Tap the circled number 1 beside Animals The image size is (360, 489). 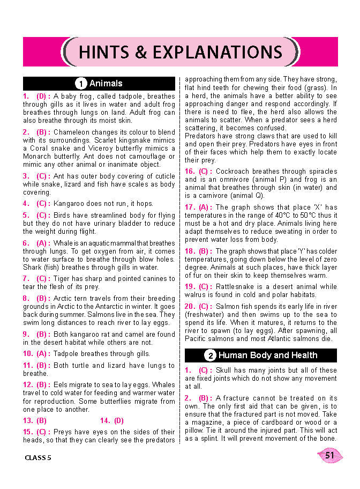[x=81, y=84]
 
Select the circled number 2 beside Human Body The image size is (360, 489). [x=210, y=355]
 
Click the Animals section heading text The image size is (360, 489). [x=106, y=84]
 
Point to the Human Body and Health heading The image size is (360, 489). [x=268, y=355]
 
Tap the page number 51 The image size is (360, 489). [x=330, y=456]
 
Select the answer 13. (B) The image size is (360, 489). [x=35, y=421]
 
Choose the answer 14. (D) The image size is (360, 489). [x=112, y=421]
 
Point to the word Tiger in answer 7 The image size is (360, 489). [x=63, y=279]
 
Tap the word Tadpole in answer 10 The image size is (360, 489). [x=67, y=354]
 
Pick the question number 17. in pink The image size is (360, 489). [x=190, y=208]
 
